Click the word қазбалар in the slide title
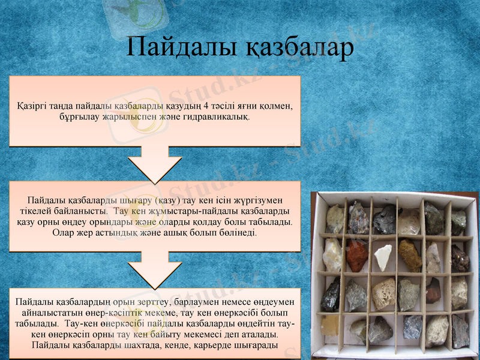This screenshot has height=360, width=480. coord(295,48)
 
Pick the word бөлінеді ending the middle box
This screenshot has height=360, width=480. coord(238,232)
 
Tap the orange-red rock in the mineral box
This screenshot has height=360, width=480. coord(357,255)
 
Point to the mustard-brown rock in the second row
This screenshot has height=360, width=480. coord(409,254)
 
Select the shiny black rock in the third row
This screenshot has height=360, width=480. coord(331,295)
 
